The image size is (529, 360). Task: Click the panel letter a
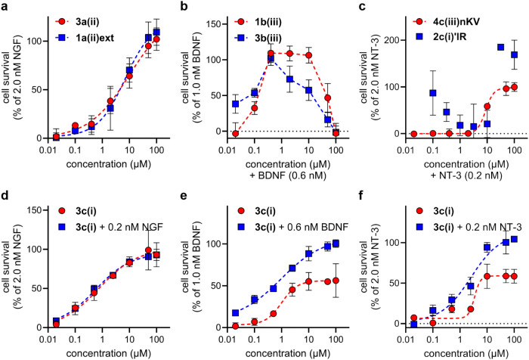[5, 6]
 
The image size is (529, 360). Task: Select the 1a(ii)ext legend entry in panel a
[85, 38]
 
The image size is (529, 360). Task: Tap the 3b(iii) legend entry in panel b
[258, 38]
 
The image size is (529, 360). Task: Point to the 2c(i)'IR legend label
[450, 36]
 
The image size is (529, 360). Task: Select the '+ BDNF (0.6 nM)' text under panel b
[288, 176]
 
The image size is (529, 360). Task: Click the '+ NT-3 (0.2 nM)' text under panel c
[466, 176]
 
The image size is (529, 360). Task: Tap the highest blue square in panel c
[500, 47]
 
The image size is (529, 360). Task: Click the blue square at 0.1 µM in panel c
[433, 93]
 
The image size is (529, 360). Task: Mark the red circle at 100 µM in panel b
[336, 133]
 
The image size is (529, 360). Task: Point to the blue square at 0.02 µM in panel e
[236, 313]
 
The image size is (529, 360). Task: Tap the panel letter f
[362, 196]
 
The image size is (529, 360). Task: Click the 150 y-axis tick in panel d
[34, 210]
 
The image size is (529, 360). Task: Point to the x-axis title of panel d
[108, 354]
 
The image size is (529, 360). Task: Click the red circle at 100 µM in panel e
[336, 281]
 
